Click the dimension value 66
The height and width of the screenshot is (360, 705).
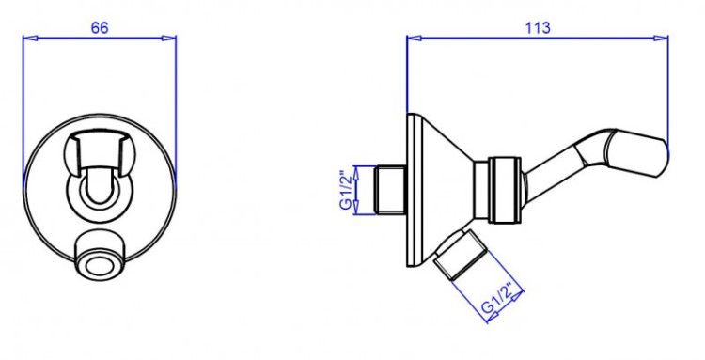coord(100,28)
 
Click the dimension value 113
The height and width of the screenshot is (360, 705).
coord(538,28)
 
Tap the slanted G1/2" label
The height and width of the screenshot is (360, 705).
coord(496,298)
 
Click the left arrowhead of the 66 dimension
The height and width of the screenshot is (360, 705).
coord(30,39)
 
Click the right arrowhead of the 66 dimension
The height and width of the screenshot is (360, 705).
coord(169,39)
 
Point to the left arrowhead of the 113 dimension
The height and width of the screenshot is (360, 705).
coord(415,39)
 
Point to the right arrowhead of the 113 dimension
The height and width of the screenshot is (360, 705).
coord(661,39)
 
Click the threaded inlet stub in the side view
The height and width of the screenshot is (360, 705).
coord(391,190)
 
